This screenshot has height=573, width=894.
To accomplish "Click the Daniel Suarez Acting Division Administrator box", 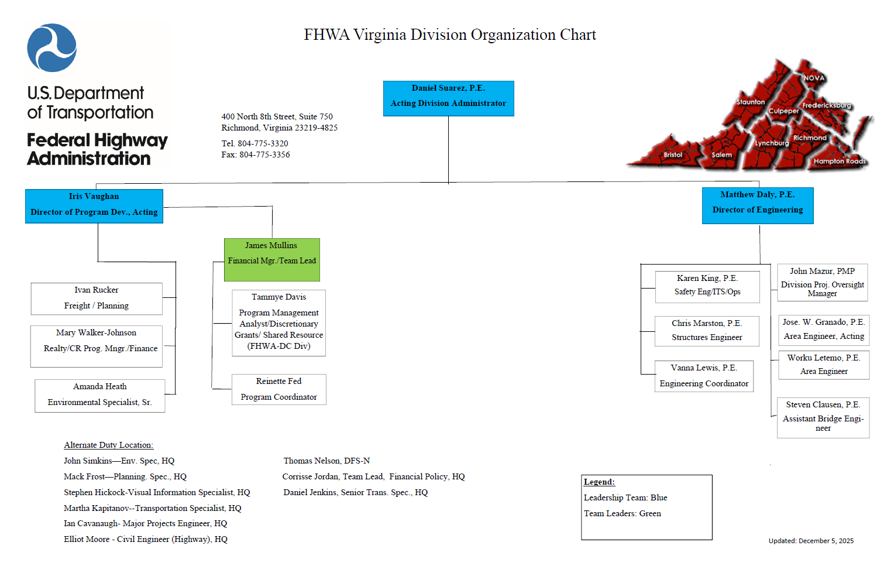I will coord(448,98).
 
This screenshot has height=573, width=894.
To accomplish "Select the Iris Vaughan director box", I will coord(94,205).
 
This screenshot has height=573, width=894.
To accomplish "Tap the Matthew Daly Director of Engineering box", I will coord(757,205).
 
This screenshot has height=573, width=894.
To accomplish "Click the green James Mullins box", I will coord(271,259).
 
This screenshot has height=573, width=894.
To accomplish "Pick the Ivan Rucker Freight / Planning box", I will coord(97,298).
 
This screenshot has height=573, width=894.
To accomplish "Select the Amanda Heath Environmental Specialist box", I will coord(99,395).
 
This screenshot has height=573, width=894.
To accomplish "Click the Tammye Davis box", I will coord(278,322).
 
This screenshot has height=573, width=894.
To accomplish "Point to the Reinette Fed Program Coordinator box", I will coord(278,389).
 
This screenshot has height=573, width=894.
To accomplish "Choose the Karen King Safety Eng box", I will coord(707,286).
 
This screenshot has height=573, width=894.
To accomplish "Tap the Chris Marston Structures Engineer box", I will coord(707,331).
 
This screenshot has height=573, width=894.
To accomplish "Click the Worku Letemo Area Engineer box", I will coord(823,365).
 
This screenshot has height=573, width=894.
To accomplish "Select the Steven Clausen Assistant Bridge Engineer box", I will coord(823,417).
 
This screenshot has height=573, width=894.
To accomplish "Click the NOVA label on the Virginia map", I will coord(813,78).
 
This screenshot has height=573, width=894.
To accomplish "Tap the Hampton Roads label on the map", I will coord(839,162).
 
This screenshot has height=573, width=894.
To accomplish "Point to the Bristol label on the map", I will coord(673,155).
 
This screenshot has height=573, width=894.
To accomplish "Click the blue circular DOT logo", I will coord(52,48).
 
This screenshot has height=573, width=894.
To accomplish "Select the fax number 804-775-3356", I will coord(264,155).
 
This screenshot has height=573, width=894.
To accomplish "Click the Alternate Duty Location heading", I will coord(108,445).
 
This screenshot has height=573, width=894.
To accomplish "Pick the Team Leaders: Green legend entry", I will coord(622,514).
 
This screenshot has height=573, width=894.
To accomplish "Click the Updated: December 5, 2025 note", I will coord(810,541).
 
